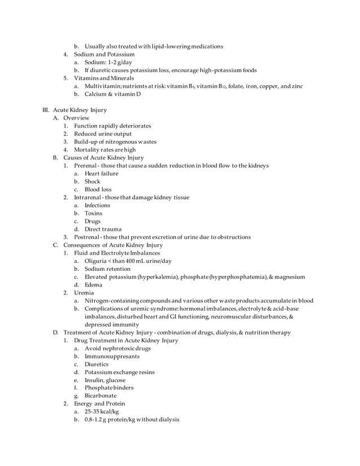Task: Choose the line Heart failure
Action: coord(102,174)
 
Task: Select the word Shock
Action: coord(93,182)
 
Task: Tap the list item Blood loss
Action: coord(98,190)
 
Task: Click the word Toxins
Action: coord(94,213)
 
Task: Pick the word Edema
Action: coord(94,285)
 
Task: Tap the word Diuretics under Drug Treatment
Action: coord(97,364)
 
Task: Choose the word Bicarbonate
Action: coord(100,396)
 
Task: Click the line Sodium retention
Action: coord(107,269)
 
